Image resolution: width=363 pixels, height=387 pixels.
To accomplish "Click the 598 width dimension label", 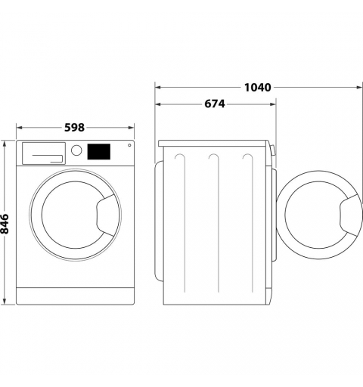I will pos(73,128).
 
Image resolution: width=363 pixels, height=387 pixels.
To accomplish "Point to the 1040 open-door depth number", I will pos(258,87).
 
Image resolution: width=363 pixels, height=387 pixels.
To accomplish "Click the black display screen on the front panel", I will pos(99,151).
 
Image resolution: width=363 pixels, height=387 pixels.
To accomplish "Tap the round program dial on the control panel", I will pos(76,150).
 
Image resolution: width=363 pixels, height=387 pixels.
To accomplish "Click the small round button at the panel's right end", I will pos(129,145).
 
